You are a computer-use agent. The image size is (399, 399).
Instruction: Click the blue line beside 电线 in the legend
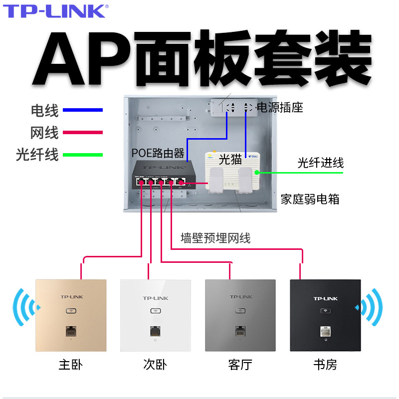click(x=86, y=110)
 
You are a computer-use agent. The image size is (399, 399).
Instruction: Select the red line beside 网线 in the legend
click(x=86, y=133)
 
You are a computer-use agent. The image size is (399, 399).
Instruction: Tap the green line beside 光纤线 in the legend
click(x=86, y=155)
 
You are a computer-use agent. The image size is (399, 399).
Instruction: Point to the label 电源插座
click(x=280, y=107)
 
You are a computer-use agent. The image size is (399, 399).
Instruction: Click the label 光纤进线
click(x=320, y=163)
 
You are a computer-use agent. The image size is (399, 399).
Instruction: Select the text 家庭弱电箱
click(x=310, y=199)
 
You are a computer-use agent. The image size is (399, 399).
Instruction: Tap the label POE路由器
click(x=158, y=153)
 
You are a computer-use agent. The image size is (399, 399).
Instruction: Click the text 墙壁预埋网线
click(x=215, y=238)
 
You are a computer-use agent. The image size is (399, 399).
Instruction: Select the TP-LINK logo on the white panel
click(x=156, y=298)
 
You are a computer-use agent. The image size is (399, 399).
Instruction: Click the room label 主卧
click(x=70, y=365)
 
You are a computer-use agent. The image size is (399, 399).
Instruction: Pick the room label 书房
click(x=325, y=365)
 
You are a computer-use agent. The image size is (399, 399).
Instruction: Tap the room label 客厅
click(x=240, y=365)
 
